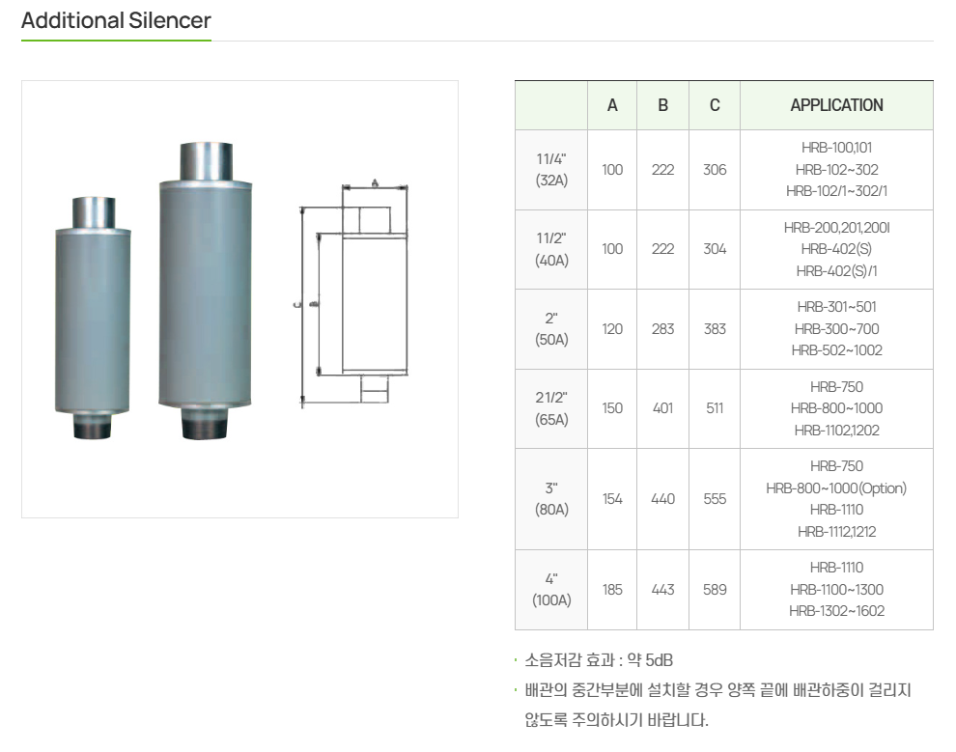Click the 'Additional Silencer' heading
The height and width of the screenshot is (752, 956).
tap(116, 20)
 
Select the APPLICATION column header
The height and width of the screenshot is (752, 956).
tap(836, 105)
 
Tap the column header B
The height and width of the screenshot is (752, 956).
tap(662, 105)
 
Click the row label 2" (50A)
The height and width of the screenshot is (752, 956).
tap(551, 329)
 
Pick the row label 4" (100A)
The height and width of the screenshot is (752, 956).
tap(551, 589)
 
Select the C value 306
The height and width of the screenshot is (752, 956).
tap(715, 169)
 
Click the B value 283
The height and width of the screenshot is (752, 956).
tap(662, 329)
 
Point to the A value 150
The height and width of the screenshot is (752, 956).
tap(612, 408)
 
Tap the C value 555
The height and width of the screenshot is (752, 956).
tap(715, 499)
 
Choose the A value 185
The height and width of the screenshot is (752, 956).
tap(612, 589)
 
